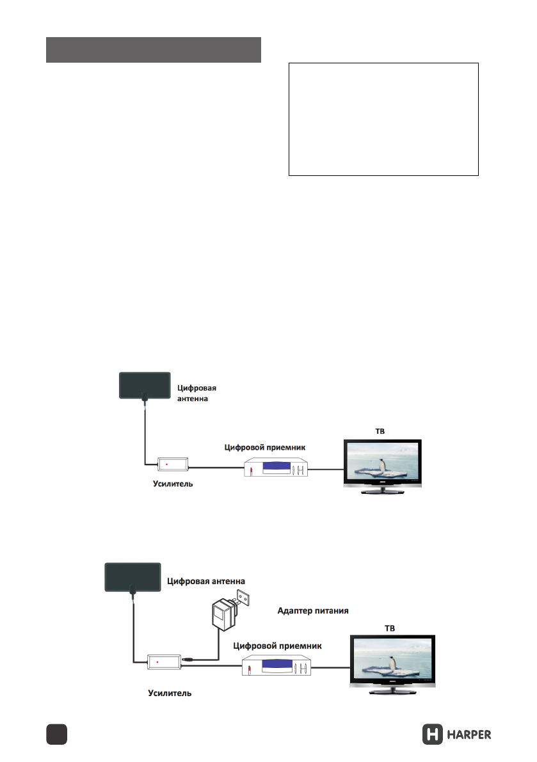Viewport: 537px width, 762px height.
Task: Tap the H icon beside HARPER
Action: coord(433,734)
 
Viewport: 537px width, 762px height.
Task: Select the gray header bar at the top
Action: coord(154,50)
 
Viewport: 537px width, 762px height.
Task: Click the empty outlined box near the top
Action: coord(383,119)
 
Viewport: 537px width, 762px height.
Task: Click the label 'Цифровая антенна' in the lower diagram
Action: coord(206,581)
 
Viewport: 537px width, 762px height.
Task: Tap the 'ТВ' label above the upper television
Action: coord(379,432)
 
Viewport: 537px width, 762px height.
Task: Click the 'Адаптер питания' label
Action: coord(313,610)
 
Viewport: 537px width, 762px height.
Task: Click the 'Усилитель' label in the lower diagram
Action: coord(170,693)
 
